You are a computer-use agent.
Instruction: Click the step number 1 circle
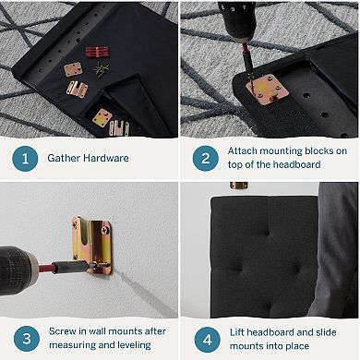pyautogui.click(x=25, y=159)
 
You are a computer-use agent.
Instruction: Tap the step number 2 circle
pyautogui.click(x=206, y=159)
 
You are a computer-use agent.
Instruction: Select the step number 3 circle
pyautogui.click(x=27, y=339)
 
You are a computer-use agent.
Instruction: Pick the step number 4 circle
pyautogui.click(x=207, y=340)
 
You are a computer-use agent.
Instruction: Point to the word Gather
pyautogui.click(x=64, y=158)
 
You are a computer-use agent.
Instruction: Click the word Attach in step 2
pyautogui.click(x=242, y=150)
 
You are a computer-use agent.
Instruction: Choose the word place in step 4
pyautogui.click(x=295, y=346)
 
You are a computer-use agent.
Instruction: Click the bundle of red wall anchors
pyautogui.click(x=97, y=52)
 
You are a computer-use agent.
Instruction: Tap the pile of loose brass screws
pyautogui.click(x=101, y=69)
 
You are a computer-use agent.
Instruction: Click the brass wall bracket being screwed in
pyautogui.click(x=91, y=245)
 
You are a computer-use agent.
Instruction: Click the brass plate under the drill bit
pyautogui.click(x=268, y=90)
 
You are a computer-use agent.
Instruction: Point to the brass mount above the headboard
pyautogui.click(x=239, y=186)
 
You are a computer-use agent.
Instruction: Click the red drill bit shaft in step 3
pyautogui.click(x=45, y=268)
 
